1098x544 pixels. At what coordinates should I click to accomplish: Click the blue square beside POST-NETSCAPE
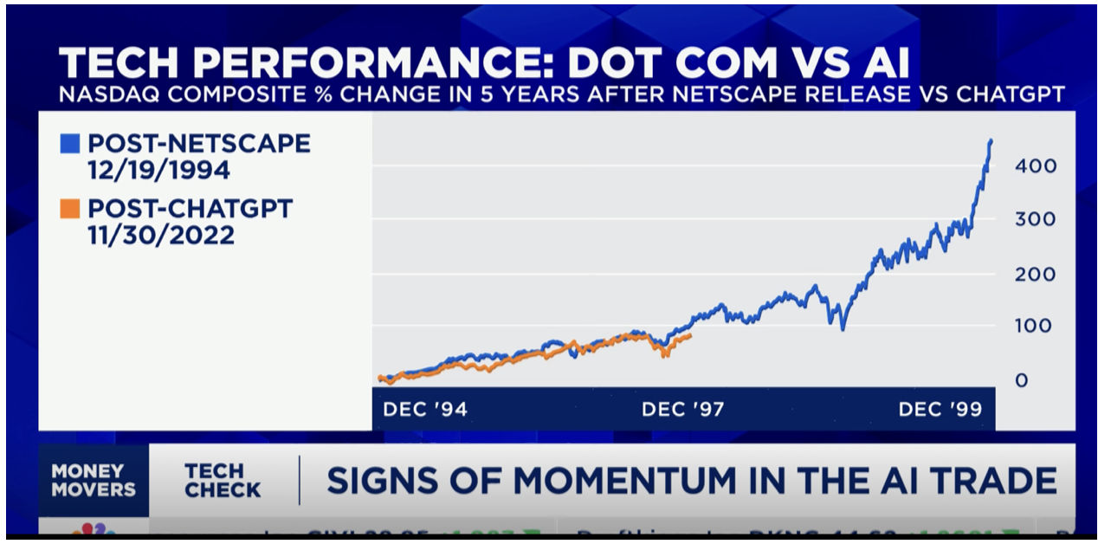point(69,144)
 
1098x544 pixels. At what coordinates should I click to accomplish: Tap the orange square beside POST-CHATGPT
point(69,209)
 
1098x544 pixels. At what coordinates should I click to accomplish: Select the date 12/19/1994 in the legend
point(158,170)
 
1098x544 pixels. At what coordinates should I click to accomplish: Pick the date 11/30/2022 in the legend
point(160,235)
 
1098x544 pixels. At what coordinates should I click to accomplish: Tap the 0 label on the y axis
point(1022,380)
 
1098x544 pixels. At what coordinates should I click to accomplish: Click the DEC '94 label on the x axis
point(424,409)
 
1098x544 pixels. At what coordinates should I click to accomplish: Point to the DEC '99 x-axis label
point(940,409)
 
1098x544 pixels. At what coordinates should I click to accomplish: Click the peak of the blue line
point(991,140)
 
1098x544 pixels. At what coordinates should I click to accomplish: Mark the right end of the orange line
point(690,335)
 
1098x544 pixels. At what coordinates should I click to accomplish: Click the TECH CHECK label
point(223,481)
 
